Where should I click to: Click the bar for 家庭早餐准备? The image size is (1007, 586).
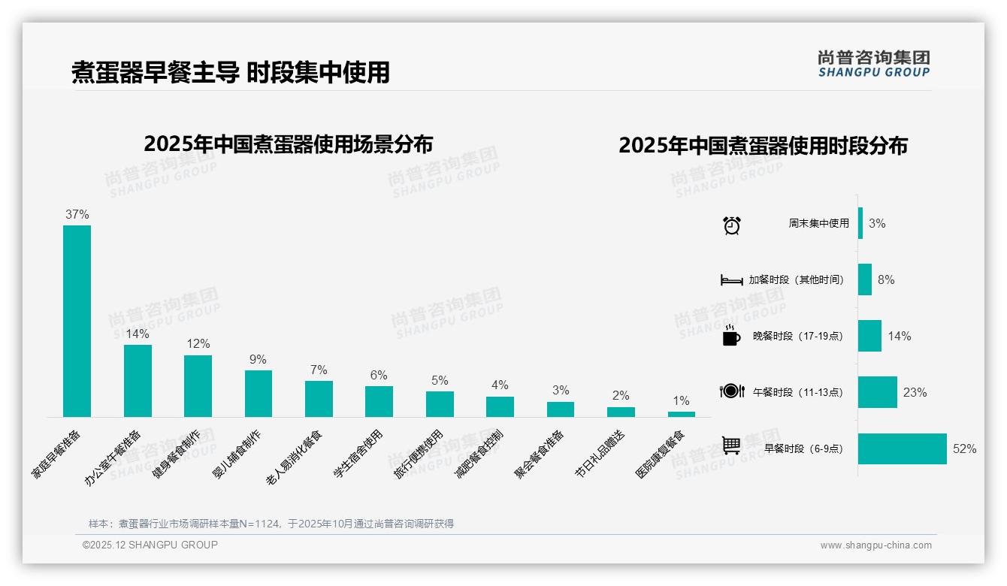tap(77, 321)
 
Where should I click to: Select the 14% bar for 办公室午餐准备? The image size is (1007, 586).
tap(138, 380)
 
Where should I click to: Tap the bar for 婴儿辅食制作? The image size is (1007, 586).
tap(259, 393)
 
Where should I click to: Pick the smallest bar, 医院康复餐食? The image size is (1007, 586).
tap(681, 414)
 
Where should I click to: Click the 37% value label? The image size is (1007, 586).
tap(77, 215)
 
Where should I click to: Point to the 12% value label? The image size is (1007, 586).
tap(198, 344)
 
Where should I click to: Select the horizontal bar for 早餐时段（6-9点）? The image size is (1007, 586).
tap(902, 449)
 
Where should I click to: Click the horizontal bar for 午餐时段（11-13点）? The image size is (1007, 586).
tap(877, 392)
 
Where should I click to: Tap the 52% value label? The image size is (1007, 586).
tap(964, 449)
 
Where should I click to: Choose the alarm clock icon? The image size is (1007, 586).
tap(732, 225)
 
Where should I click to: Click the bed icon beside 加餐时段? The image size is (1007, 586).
tap(731, 280)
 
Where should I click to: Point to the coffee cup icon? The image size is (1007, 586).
tap(731, 336)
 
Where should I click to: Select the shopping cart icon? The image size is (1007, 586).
tap(731, 446)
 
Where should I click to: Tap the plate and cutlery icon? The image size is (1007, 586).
tap(732, 391)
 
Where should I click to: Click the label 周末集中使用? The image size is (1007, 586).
tap(818, 224)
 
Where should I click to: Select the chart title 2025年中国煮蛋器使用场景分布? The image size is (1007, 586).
tap(288, 143)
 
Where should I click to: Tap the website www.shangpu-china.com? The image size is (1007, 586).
tap(875, 545)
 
